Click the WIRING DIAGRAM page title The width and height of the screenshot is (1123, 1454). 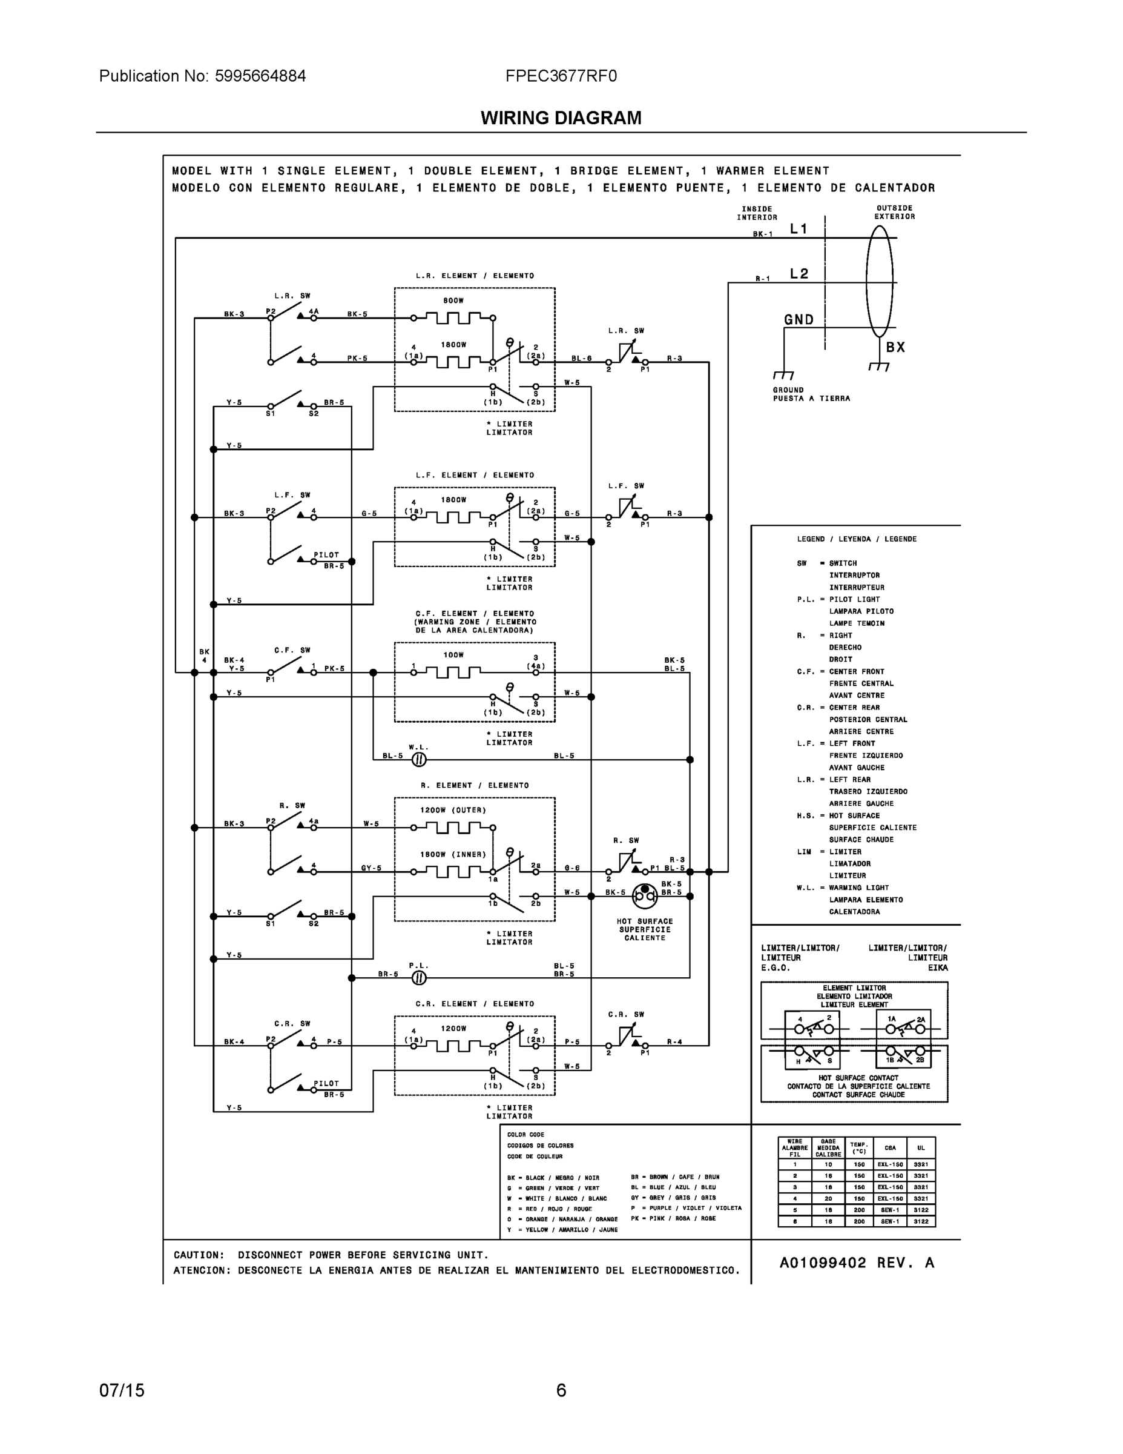point(561,118)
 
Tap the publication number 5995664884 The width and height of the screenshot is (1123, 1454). point(260,76)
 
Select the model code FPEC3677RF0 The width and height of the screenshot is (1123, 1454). point(561,76)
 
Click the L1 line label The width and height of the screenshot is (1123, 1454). point(799,229)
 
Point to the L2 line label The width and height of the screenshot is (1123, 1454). point(799,274)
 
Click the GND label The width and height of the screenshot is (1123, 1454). point(799,319)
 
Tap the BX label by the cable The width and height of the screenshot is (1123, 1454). point(895,347)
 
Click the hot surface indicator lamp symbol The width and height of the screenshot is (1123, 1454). point(644,896)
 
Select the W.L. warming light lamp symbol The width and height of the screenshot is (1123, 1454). point(418,760)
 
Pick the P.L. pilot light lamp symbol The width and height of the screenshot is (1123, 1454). point(418,978)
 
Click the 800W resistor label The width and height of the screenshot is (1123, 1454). point(453,301)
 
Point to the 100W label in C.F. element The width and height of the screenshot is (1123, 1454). point(453,655)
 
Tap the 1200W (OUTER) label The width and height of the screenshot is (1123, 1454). point(453,810)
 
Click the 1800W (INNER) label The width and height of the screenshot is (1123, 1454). point(453,854)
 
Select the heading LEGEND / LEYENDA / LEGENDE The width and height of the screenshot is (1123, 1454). point(856,539)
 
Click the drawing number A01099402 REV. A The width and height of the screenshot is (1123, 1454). point(856,1263)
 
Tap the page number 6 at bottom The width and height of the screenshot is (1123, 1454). point(561,1390)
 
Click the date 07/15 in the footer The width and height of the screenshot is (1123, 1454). point(122,1390)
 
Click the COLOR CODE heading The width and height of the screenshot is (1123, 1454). point(525,1135)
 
